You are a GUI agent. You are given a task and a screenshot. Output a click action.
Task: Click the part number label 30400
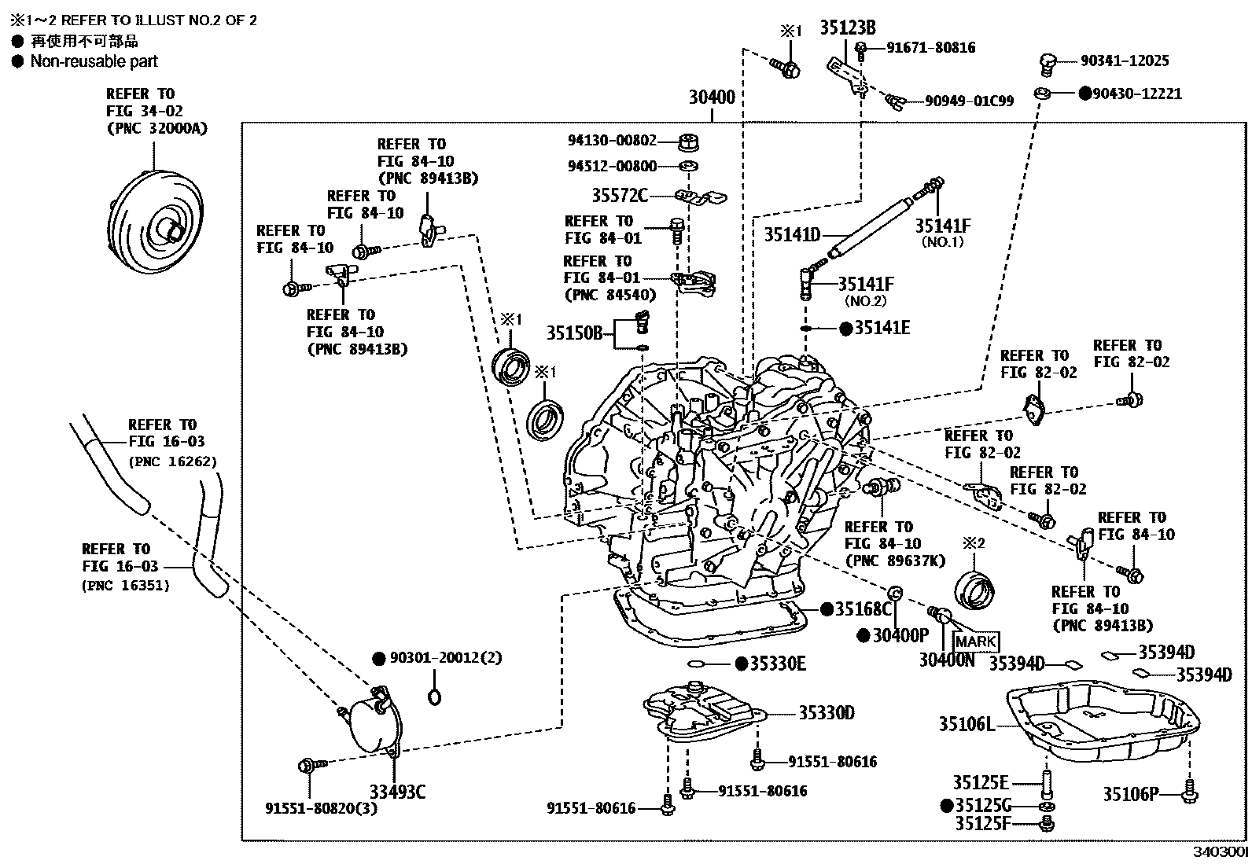pos(712,98)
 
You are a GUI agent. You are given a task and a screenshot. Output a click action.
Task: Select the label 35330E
pos(777,664)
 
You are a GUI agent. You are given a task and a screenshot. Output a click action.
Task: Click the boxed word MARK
pos(975,642)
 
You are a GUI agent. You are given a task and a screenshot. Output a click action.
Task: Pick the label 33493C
pos(397,792)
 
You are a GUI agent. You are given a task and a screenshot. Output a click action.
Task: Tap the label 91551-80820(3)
pos(320,807)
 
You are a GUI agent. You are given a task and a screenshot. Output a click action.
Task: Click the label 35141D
pos(792,234)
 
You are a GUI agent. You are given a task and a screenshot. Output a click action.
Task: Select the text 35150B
pos(574,333)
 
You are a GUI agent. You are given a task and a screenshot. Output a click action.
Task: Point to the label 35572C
pos(620,195)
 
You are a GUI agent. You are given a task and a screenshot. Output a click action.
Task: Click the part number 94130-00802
pos(612,141)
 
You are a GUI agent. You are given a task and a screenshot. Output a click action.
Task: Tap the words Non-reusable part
pos(94,61)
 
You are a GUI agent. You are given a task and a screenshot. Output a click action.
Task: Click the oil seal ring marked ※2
pos(974,590)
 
